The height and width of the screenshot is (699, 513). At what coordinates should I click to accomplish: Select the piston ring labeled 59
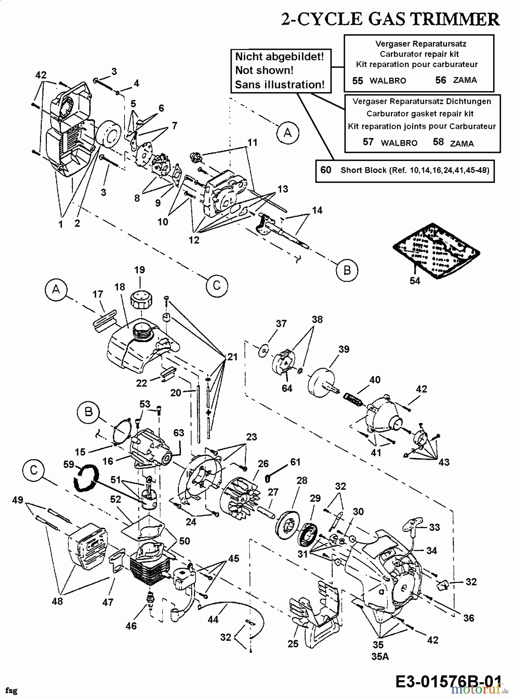(x=86, y=479)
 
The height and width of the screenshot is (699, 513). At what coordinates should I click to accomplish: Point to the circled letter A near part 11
(x=288, y=133)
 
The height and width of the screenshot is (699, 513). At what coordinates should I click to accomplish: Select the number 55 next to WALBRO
(x=357, y=80)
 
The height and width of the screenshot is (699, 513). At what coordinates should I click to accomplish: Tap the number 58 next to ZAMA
(x=438, y=142)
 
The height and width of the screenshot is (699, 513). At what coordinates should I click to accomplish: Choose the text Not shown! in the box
(x=264, y=71)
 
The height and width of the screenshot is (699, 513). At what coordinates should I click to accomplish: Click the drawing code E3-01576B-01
(x=447, y=681)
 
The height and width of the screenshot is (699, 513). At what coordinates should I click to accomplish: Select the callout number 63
(x=179, y=433)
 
